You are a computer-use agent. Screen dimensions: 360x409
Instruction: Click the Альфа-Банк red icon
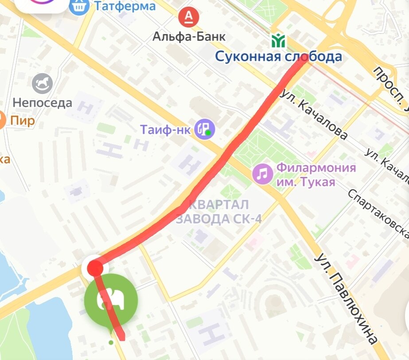189,17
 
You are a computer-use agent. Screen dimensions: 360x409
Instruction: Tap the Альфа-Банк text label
189,36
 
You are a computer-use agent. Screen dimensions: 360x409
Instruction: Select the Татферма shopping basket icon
79,7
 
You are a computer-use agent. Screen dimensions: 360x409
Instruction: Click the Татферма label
125,6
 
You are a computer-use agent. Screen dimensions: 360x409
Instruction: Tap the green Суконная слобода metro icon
279,41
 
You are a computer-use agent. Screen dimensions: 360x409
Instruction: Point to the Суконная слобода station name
279,57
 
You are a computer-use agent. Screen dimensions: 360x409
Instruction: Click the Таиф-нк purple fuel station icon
206,129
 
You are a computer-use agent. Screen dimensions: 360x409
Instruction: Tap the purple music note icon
263,173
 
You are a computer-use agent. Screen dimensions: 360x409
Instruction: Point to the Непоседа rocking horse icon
43,83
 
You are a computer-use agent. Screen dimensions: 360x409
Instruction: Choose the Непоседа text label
43,103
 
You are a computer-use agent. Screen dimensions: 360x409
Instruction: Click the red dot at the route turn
95,268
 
